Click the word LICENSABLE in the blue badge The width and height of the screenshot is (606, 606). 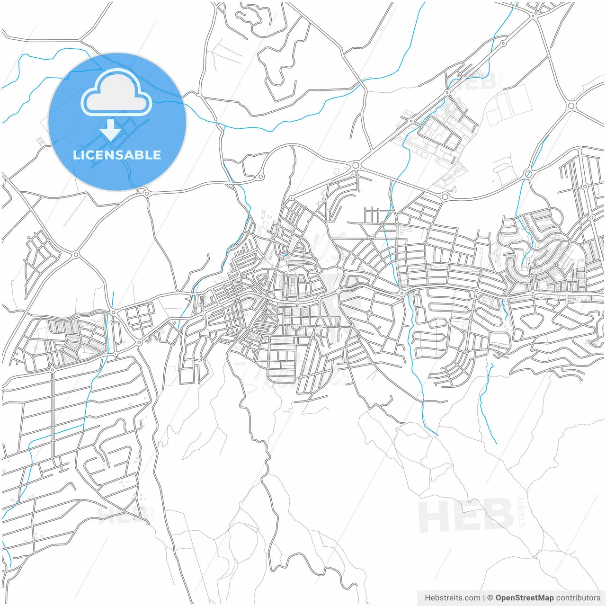pyautogui.click(x=117, y=155)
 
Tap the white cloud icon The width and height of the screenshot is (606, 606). pyautogui.click(x=116, y=93)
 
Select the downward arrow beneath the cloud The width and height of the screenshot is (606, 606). pyautogui.click(x=111, y=130)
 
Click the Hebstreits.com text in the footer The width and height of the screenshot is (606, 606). pyautogui.click(x=453, y=598)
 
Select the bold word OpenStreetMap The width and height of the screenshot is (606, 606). pyautogui.click(x=525, y=598)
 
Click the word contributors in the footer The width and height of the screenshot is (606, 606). pyautogui.click(x=578, y=598)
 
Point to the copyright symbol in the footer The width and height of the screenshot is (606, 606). pyautogui.click(x=490, y=598)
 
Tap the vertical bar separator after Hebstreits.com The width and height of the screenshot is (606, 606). pyautogui.click(x=484, y=598)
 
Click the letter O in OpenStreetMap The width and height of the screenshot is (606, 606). pyautogui.click(x=499, y=598)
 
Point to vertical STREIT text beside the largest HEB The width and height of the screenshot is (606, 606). pyautogui.click(x=522, y=512)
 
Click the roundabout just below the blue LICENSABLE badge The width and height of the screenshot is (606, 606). pyautogui.click(x=146, y=193)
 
